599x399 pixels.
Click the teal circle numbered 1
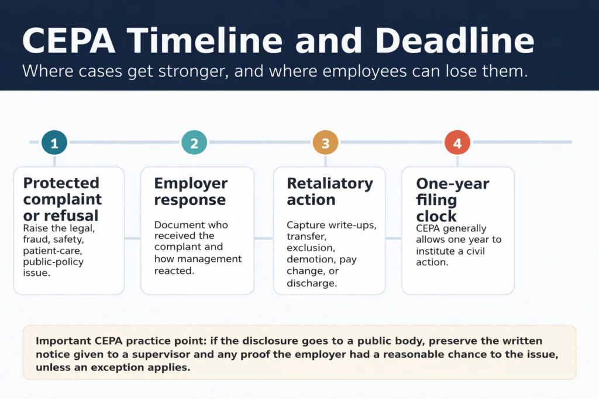coord(54,142)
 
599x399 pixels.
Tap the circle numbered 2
coord(194,142)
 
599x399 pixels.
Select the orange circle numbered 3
coord(326,142)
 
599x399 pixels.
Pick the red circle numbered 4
coord(457,142)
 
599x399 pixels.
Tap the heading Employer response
coord(191,192)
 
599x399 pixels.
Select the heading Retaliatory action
coord(329,192)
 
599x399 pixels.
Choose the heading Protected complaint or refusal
coord(62,199)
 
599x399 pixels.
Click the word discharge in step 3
coord(312,283)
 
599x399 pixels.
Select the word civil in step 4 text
coord(474,251)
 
